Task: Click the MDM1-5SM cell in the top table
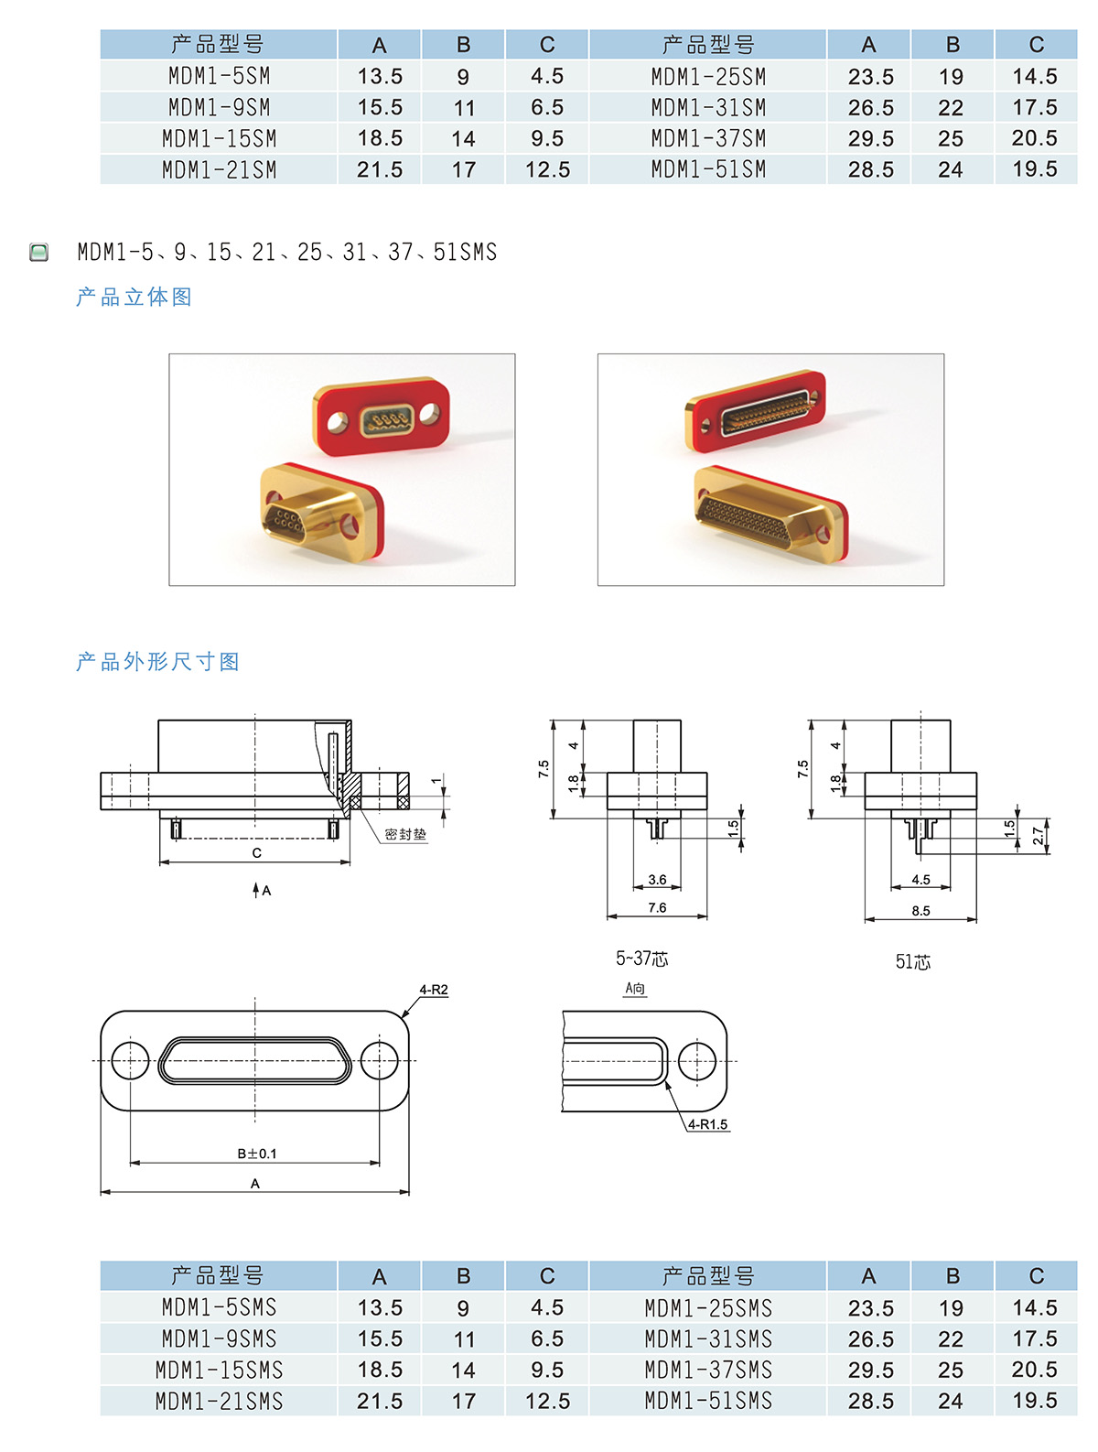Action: [x=219, y=76]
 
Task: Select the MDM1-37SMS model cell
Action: [x=708, y=1369]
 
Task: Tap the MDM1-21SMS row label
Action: [x=219, y=1401]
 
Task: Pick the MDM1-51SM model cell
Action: [x=708, y=169]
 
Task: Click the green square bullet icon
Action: [x=39, y=252]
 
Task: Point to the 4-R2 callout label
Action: [x=434, y=990]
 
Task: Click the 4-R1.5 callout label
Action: [x=707, y=1124]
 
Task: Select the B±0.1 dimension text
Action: [x=257, y=1153]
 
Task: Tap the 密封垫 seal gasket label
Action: [x=405, y=834]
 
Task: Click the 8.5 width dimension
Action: [x=920, y=911]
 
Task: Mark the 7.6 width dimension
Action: [x=657, y=907]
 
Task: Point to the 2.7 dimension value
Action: [x=1038, y=836]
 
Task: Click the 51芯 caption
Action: [x=913, y=961]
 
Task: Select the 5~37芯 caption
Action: [x=642, y=958]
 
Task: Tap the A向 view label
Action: [x=635, y=988]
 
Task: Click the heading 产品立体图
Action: [x=135, y=297]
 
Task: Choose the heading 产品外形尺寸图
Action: [x=158, y=662]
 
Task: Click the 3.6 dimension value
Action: [x=657, y=879]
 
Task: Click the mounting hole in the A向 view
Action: [x=696, y=1061]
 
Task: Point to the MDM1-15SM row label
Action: [x=219, y=138]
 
